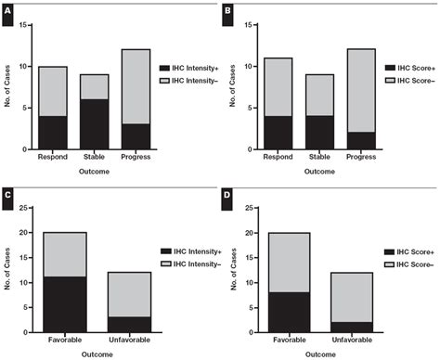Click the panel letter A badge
(x=6, y=6)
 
